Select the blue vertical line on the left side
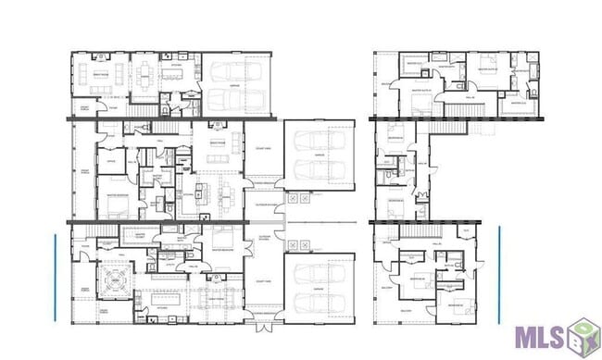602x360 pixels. [56, 277]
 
